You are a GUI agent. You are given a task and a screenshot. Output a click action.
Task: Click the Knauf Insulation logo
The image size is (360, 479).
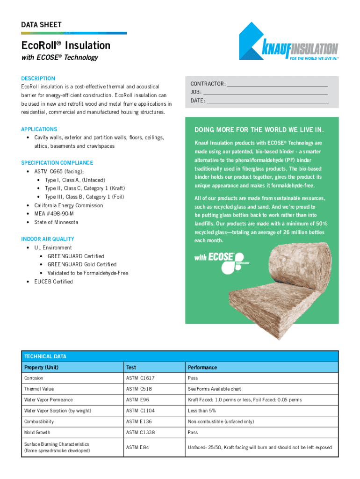click(x=288, y=42)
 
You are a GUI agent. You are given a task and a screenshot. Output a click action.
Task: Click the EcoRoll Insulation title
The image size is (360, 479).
click(x=66, y=45)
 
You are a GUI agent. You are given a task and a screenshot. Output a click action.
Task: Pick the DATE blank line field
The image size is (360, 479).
click(x=267, y=101)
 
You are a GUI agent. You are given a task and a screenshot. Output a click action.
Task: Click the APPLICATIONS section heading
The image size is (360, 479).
click(x=39, y=129)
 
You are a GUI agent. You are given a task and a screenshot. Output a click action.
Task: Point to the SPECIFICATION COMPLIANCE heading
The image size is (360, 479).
click(x=57, y=163)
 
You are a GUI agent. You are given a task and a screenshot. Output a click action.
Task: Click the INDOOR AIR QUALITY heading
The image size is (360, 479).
click(x=48, y=239)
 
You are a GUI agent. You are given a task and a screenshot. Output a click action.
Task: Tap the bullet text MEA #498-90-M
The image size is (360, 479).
click(x=54, y=214)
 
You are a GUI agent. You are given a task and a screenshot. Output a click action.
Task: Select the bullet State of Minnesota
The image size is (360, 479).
click(x=56, y=222)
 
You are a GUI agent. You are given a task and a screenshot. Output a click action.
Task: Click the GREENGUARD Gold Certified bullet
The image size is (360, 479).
click(x=82, y=264)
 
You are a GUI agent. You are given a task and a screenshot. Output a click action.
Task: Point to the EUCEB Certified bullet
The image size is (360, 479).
click(x=53, y=282)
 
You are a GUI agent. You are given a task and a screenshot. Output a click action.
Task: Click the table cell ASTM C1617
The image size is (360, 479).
click(x=140, y=378)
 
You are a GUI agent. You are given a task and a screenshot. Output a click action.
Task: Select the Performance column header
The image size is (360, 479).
click(x=202, y=367)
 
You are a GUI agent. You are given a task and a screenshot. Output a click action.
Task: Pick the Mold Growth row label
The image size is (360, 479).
click(x=37, y=433)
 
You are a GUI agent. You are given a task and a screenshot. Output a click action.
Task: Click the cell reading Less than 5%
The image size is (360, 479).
click(x=202, y=411)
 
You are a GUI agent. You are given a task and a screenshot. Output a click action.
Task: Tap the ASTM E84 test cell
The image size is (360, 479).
click(x=137, y=448)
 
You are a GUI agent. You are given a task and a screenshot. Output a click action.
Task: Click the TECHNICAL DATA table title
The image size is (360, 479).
click(x=45, y=356)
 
